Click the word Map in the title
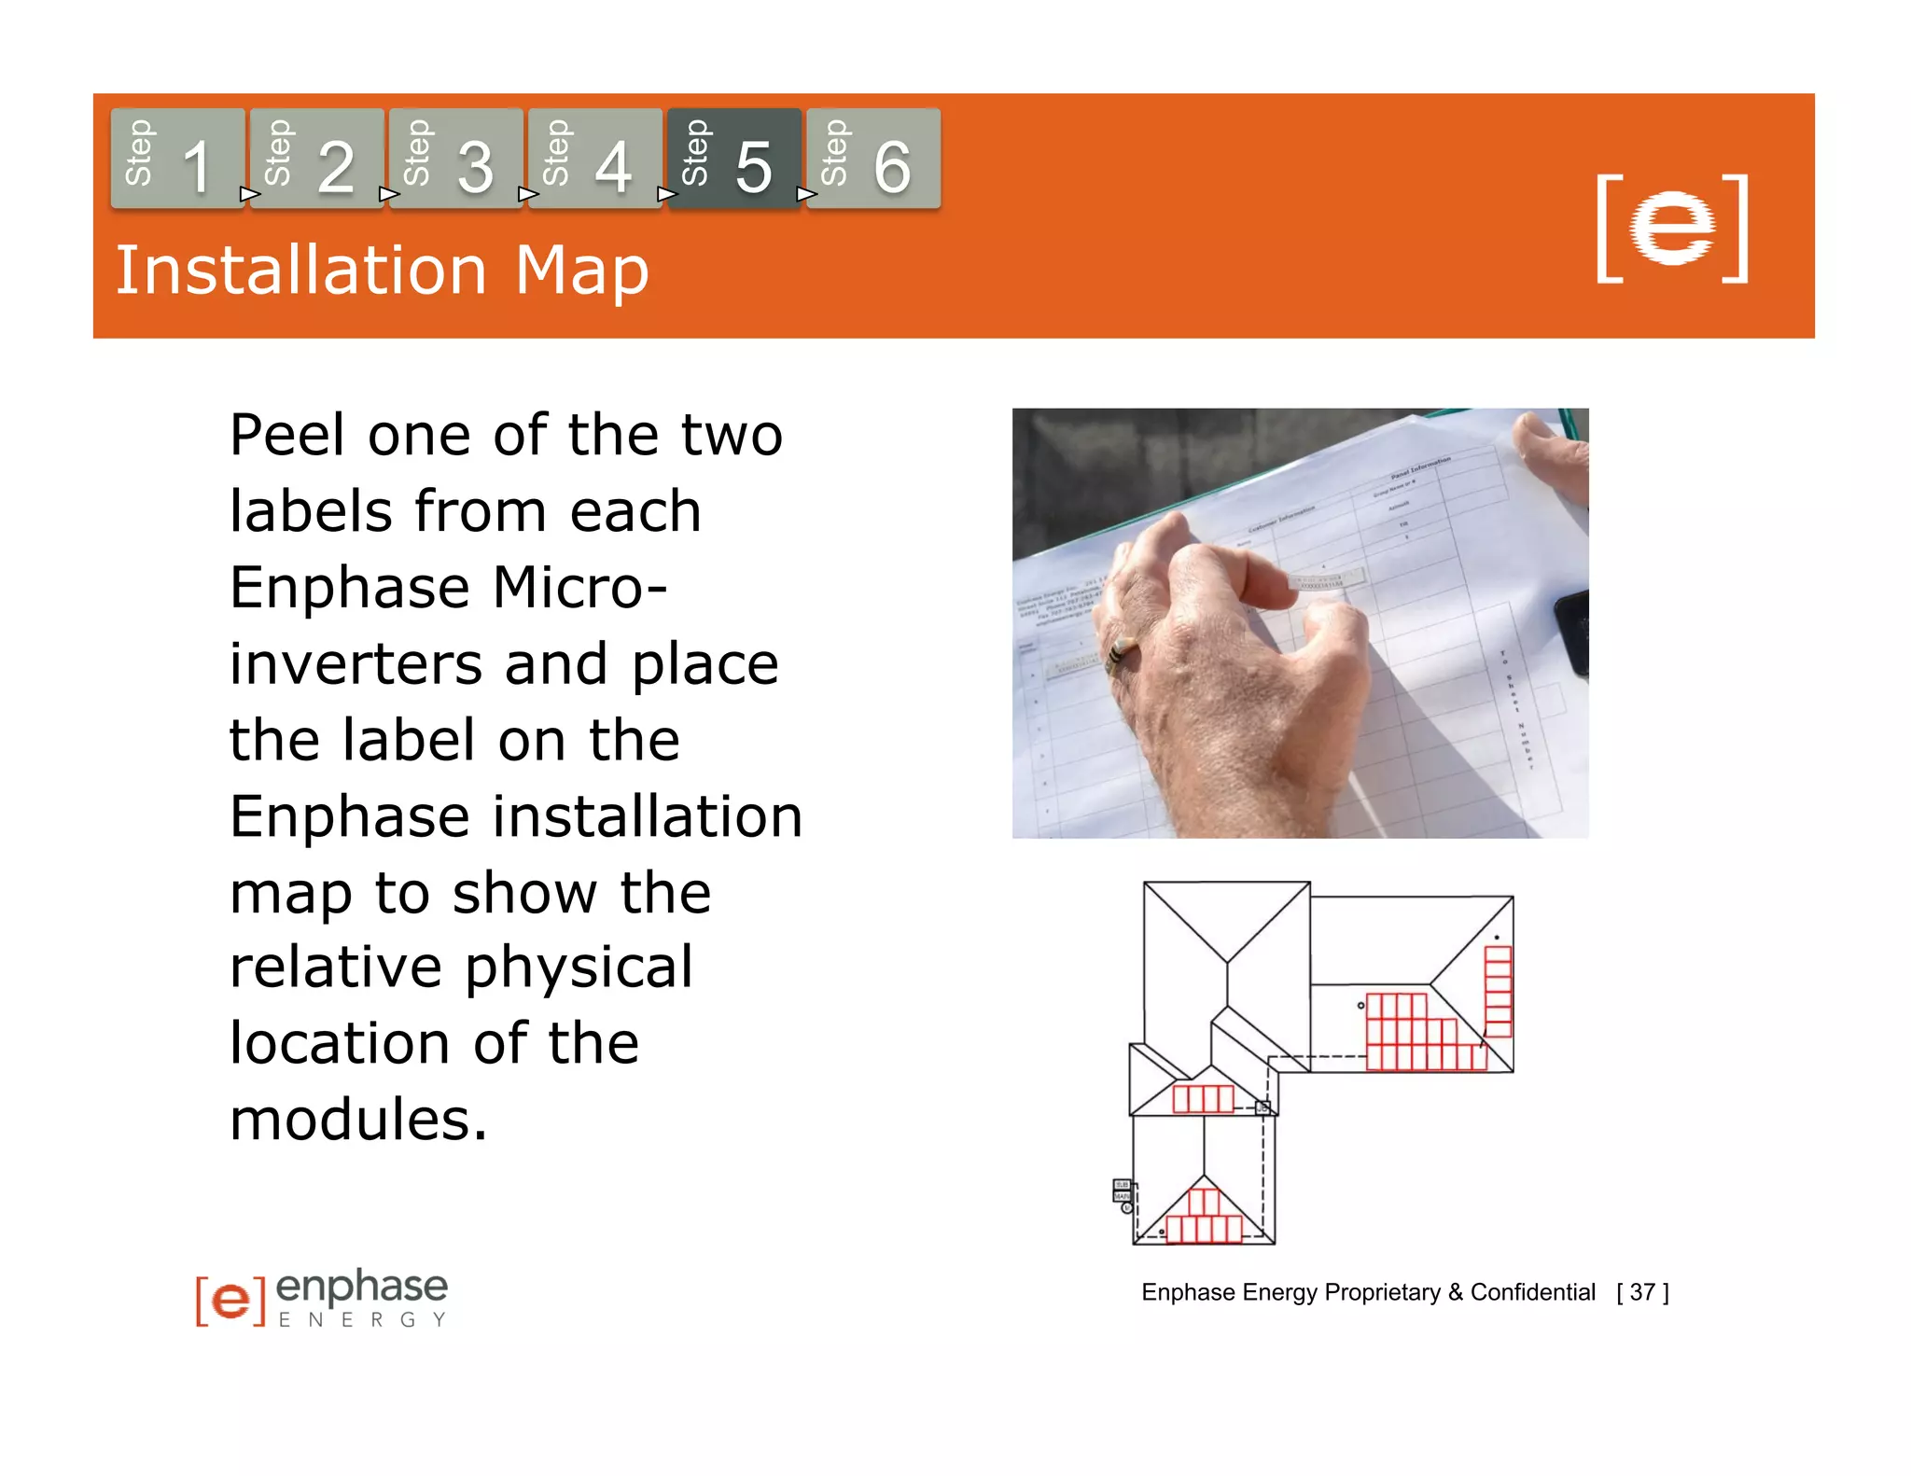(581, 272)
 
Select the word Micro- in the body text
(579, 589)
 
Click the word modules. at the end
(358, 1120)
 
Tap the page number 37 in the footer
(1642, 1292)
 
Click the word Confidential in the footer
(1532, 1292)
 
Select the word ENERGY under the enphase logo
(362, 1319)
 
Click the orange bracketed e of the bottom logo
(230, 1299)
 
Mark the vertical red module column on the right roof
(1498, 991)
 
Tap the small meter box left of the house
(1122, 1191)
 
